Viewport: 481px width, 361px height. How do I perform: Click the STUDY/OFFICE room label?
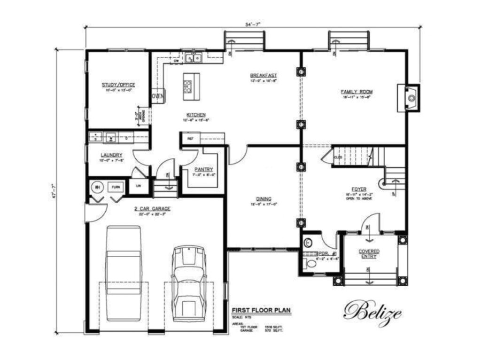coord(118,85)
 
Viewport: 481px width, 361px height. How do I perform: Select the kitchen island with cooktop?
coord(191,86)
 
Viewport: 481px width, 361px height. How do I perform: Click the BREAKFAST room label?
coord(263,75)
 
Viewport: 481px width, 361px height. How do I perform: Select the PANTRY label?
coord(203,169)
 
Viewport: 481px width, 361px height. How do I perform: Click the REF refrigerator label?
coord(191,139)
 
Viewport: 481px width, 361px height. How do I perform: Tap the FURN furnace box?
coord(116,187)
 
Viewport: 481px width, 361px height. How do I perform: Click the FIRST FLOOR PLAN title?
coord(261,310)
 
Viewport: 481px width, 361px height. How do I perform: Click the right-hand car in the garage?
coord(189,282)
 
